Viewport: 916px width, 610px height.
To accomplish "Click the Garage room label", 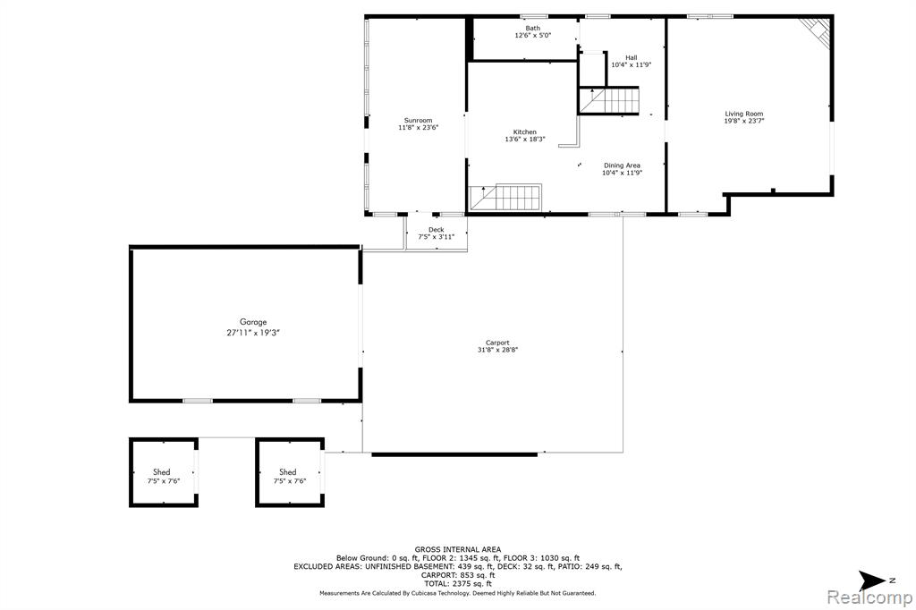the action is (x=253, y=322).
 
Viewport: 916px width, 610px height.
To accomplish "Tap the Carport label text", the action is (x=497, y=343).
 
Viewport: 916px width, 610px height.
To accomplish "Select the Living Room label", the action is (x=744, y=114).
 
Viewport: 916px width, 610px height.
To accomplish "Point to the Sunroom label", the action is (x=419, y=121).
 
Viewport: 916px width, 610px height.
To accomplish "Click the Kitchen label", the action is (x=524, y=132).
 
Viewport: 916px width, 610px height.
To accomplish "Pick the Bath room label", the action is (x=533, y=28).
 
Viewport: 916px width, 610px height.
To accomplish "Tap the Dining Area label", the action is (x=623, y=165).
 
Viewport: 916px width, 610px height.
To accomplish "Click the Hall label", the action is (x=632, y=58).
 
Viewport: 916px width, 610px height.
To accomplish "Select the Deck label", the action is (x=437, y=230).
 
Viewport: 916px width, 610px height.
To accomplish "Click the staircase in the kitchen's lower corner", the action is (x=506, y=198).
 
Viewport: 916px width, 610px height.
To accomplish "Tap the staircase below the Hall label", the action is (x=609, y=100).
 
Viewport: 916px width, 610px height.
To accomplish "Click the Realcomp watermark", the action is (x=869, y=597).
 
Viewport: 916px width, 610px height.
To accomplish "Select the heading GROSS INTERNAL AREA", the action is (x=457, y=549).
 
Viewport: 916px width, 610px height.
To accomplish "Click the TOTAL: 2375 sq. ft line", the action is (x=457, y=583).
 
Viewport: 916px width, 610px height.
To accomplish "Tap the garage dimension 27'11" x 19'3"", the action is (x=253, y=333).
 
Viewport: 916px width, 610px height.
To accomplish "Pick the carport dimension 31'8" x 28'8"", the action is (x=497, y=350).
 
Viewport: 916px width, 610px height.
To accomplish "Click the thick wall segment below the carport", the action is (x=454, y=454).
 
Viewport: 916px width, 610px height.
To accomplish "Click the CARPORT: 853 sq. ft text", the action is (x=457, y=575).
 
